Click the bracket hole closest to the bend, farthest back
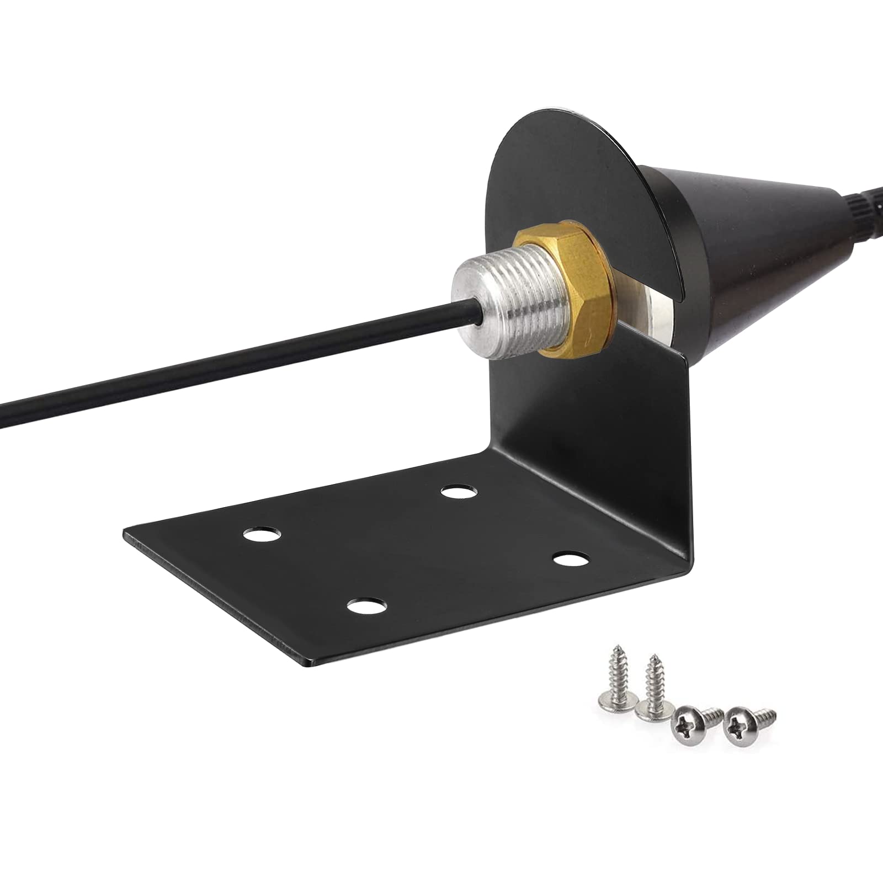pos(460,491)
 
